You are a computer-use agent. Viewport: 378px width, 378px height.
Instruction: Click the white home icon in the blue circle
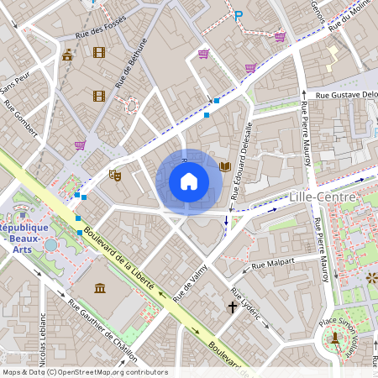coord(189,181)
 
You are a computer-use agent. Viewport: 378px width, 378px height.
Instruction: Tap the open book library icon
coord(224,167)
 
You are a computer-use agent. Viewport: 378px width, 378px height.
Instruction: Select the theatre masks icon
coord(115,175)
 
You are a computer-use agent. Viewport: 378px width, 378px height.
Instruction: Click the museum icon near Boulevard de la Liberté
coord(100,289)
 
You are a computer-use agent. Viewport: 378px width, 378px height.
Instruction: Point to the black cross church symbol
coord(232,308)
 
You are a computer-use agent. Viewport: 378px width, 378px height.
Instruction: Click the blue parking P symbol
coord(239,15)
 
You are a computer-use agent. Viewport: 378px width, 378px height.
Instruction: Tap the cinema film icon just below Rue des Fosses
coord(100,53)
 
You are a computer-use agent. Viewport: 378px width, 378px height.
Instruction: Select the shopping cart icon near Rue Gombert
coord(80,144)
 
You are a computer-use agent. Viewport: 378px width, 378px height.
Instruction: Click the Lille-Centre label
coord(323,196)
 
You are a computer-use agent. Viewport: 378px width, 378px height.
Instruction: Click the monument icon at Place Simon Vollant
coord(335,338)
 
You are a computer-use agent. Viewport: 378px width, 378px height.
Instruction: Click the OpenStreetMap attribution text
coord(85,372)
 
